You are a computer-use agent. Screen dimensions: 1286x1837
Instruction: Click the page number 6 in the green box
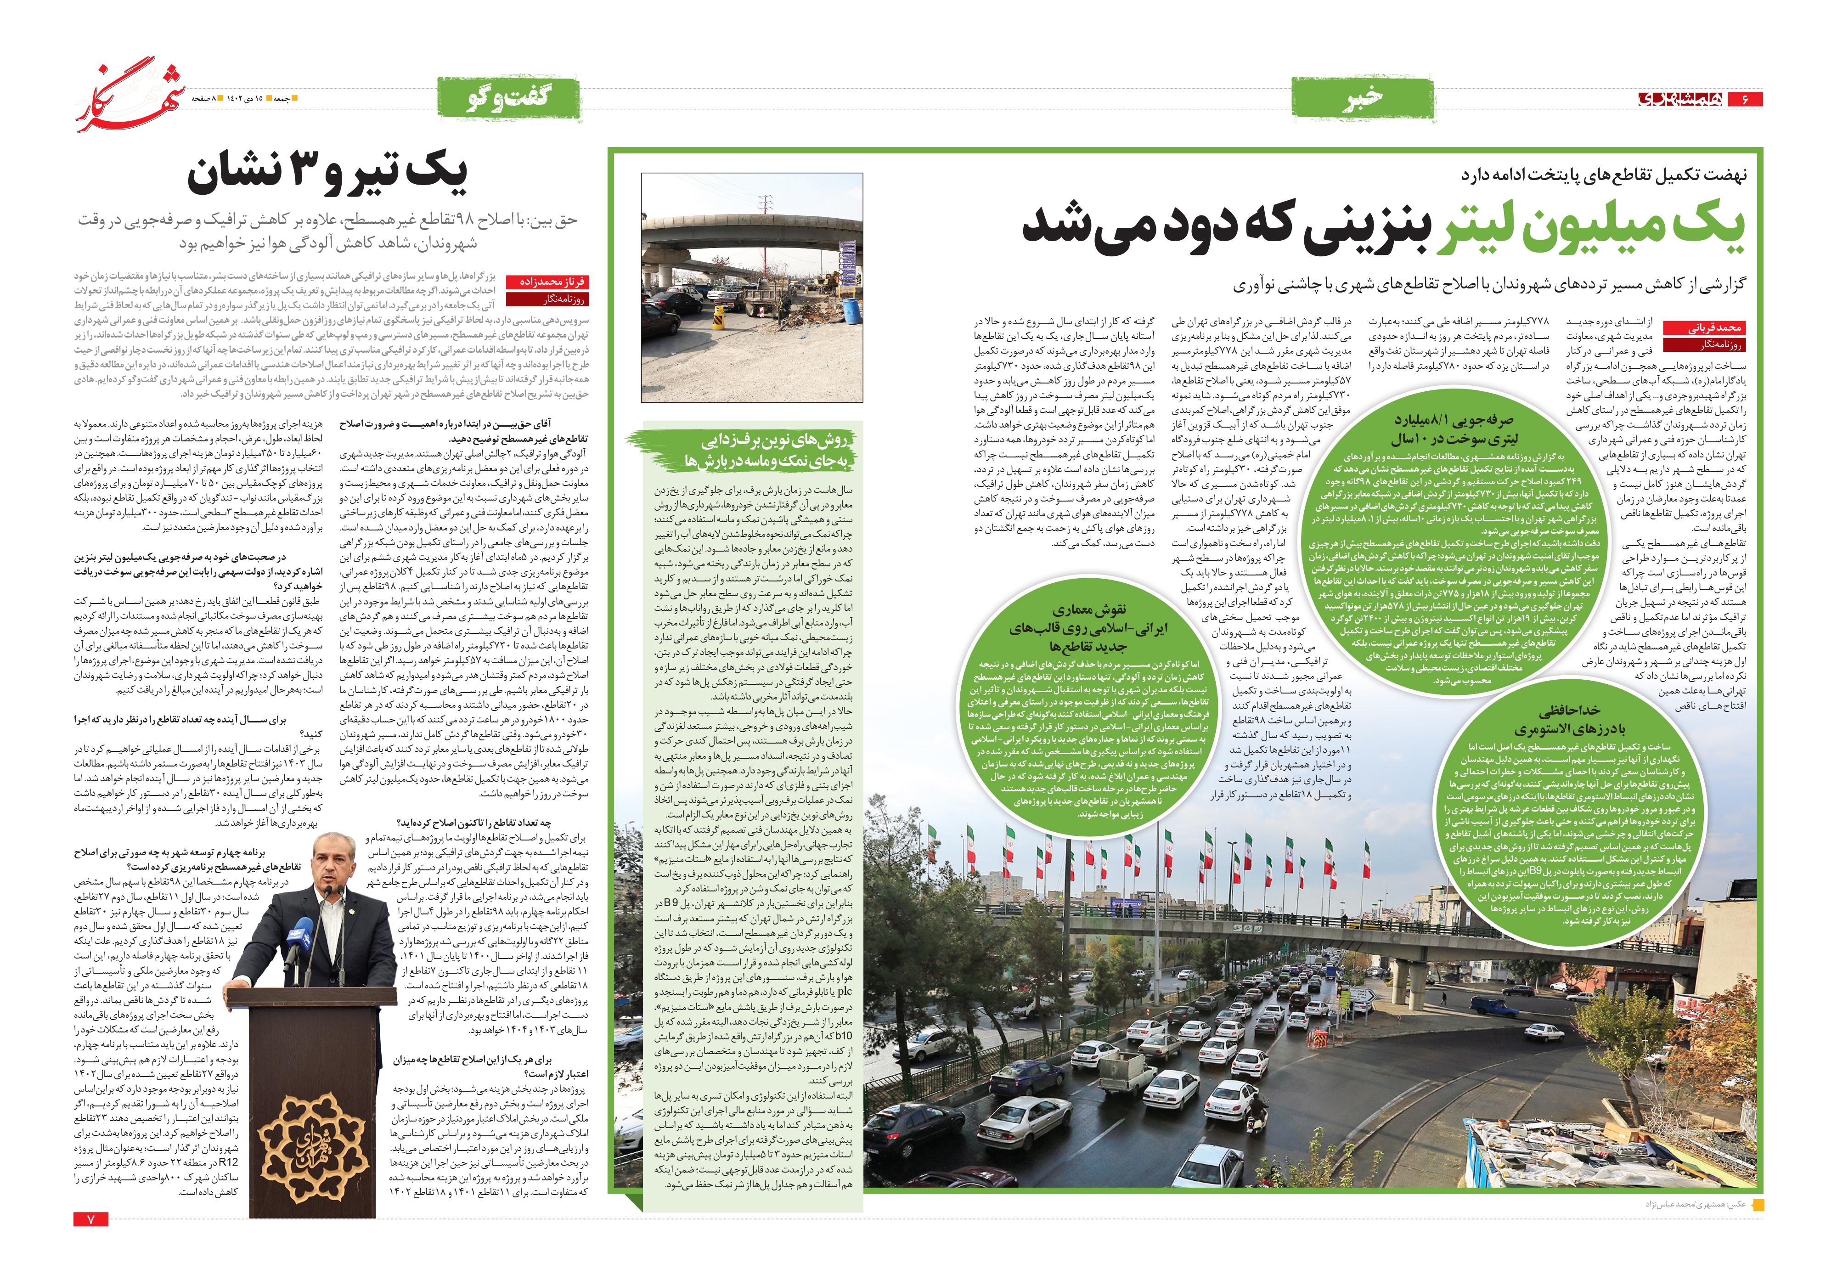(1744, 99)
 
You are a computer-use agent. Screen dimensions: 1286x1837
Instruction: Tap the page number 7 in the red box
(90, 1219)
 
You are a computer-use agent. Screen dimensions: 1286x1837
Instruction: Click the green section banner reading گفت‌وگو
(508, 98)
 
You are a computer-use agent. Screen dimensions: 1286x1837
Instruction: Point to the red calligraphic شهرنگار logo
(132, 95)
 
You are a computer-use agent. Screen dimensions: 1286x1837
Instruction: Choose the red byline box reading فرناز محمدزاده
(548, 282)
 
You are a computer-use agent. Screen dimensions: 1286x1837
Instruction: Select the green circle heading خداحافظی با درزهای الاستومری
(1569, 719)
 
